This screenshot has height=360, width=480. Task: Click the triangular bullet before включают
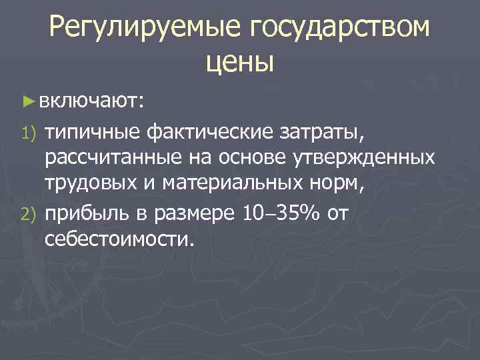click(27, 101)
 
